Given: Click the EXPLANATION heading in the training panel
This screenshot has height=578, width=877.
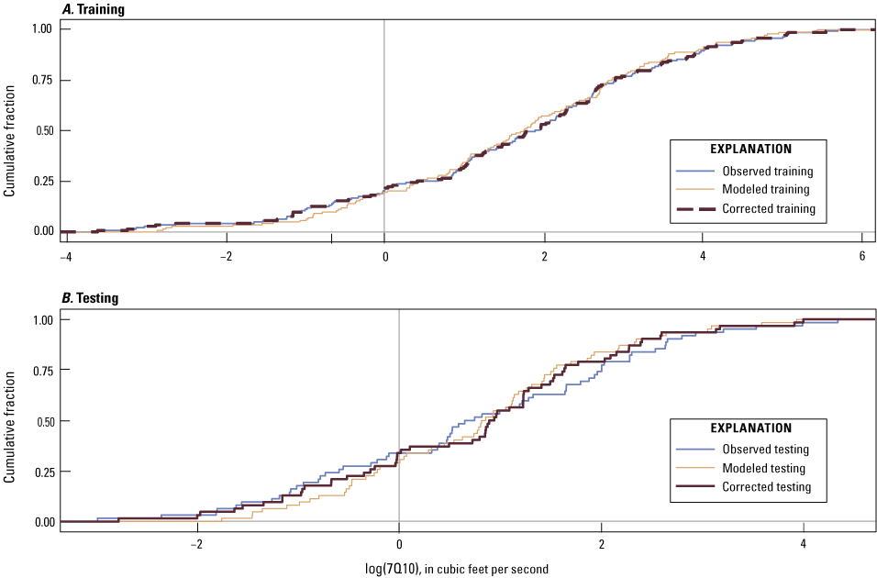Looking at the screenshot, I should tap(750, 149).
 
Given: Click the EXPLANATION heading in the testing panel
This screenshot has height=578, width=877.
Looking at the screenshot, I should tap(750, 428).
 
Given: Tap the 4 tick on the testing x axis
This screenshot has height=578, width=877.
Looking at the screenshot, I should tap(803, 542).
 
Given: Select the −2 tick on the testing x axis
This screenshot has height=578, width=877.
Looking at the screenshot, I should tap(196, 542).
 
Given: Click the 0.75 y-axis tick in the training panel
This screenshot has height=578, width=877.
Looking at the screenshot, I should tap(43, 80).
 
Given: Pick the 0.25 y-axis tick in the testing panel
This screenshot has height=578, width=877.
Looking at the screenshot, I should tap(43, 472).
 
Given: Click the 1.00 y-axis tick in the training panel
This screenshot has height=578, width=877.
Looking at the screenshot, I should tap(43, 29).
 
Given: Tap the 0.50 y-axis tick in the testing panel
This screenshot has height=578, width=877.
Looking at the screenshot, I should tap(43, 421).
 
